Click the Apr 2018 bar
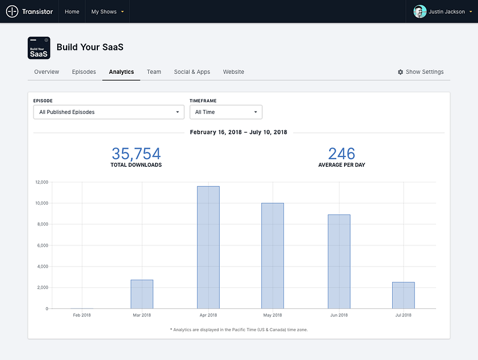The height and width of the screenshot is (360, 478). click(208, 247)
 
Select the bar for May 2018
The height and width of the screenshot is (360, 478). click(273, 256)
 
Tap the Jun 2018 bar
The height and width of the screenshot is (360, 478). click(339, 262)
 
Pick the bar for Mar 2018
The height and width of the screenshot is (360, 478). click(142, 294)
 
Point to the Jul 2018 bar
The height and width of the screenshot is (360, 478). click(404, 295)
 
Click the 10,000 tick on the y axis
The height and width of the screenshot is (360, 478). click(42, 203)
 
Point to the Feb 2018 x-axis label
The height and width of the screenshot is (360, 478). click(82, 315)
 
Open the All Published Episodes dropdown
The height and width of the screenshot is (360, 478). click(109, 112)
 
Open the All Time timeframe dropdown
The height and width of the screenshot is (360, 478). click(226, 112)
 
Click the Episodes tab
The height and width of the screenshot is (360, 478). click(84, 72)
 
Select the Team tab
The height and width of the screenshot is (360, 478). click(154, 72)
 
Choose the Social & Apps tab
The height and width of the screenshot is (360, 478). click(192, 72)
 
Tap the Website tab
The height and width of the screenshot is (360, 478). click(234, 72)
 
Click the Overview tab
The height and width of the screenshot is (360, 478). click(47, 72)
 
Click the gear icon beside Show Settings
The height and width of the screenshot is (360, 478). click(401, 72)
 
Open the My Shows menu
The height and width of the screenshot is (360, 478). click(107, 11)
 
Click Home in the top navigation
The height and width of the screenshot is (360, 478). click(72, 11)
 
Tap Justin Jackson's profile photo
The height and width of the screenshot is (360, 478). click(420, 11)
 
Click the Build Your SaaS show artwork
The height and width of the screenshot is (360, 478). click(39, 48)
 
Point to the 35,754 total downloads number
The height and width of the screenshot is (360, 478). click(136, 154)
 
